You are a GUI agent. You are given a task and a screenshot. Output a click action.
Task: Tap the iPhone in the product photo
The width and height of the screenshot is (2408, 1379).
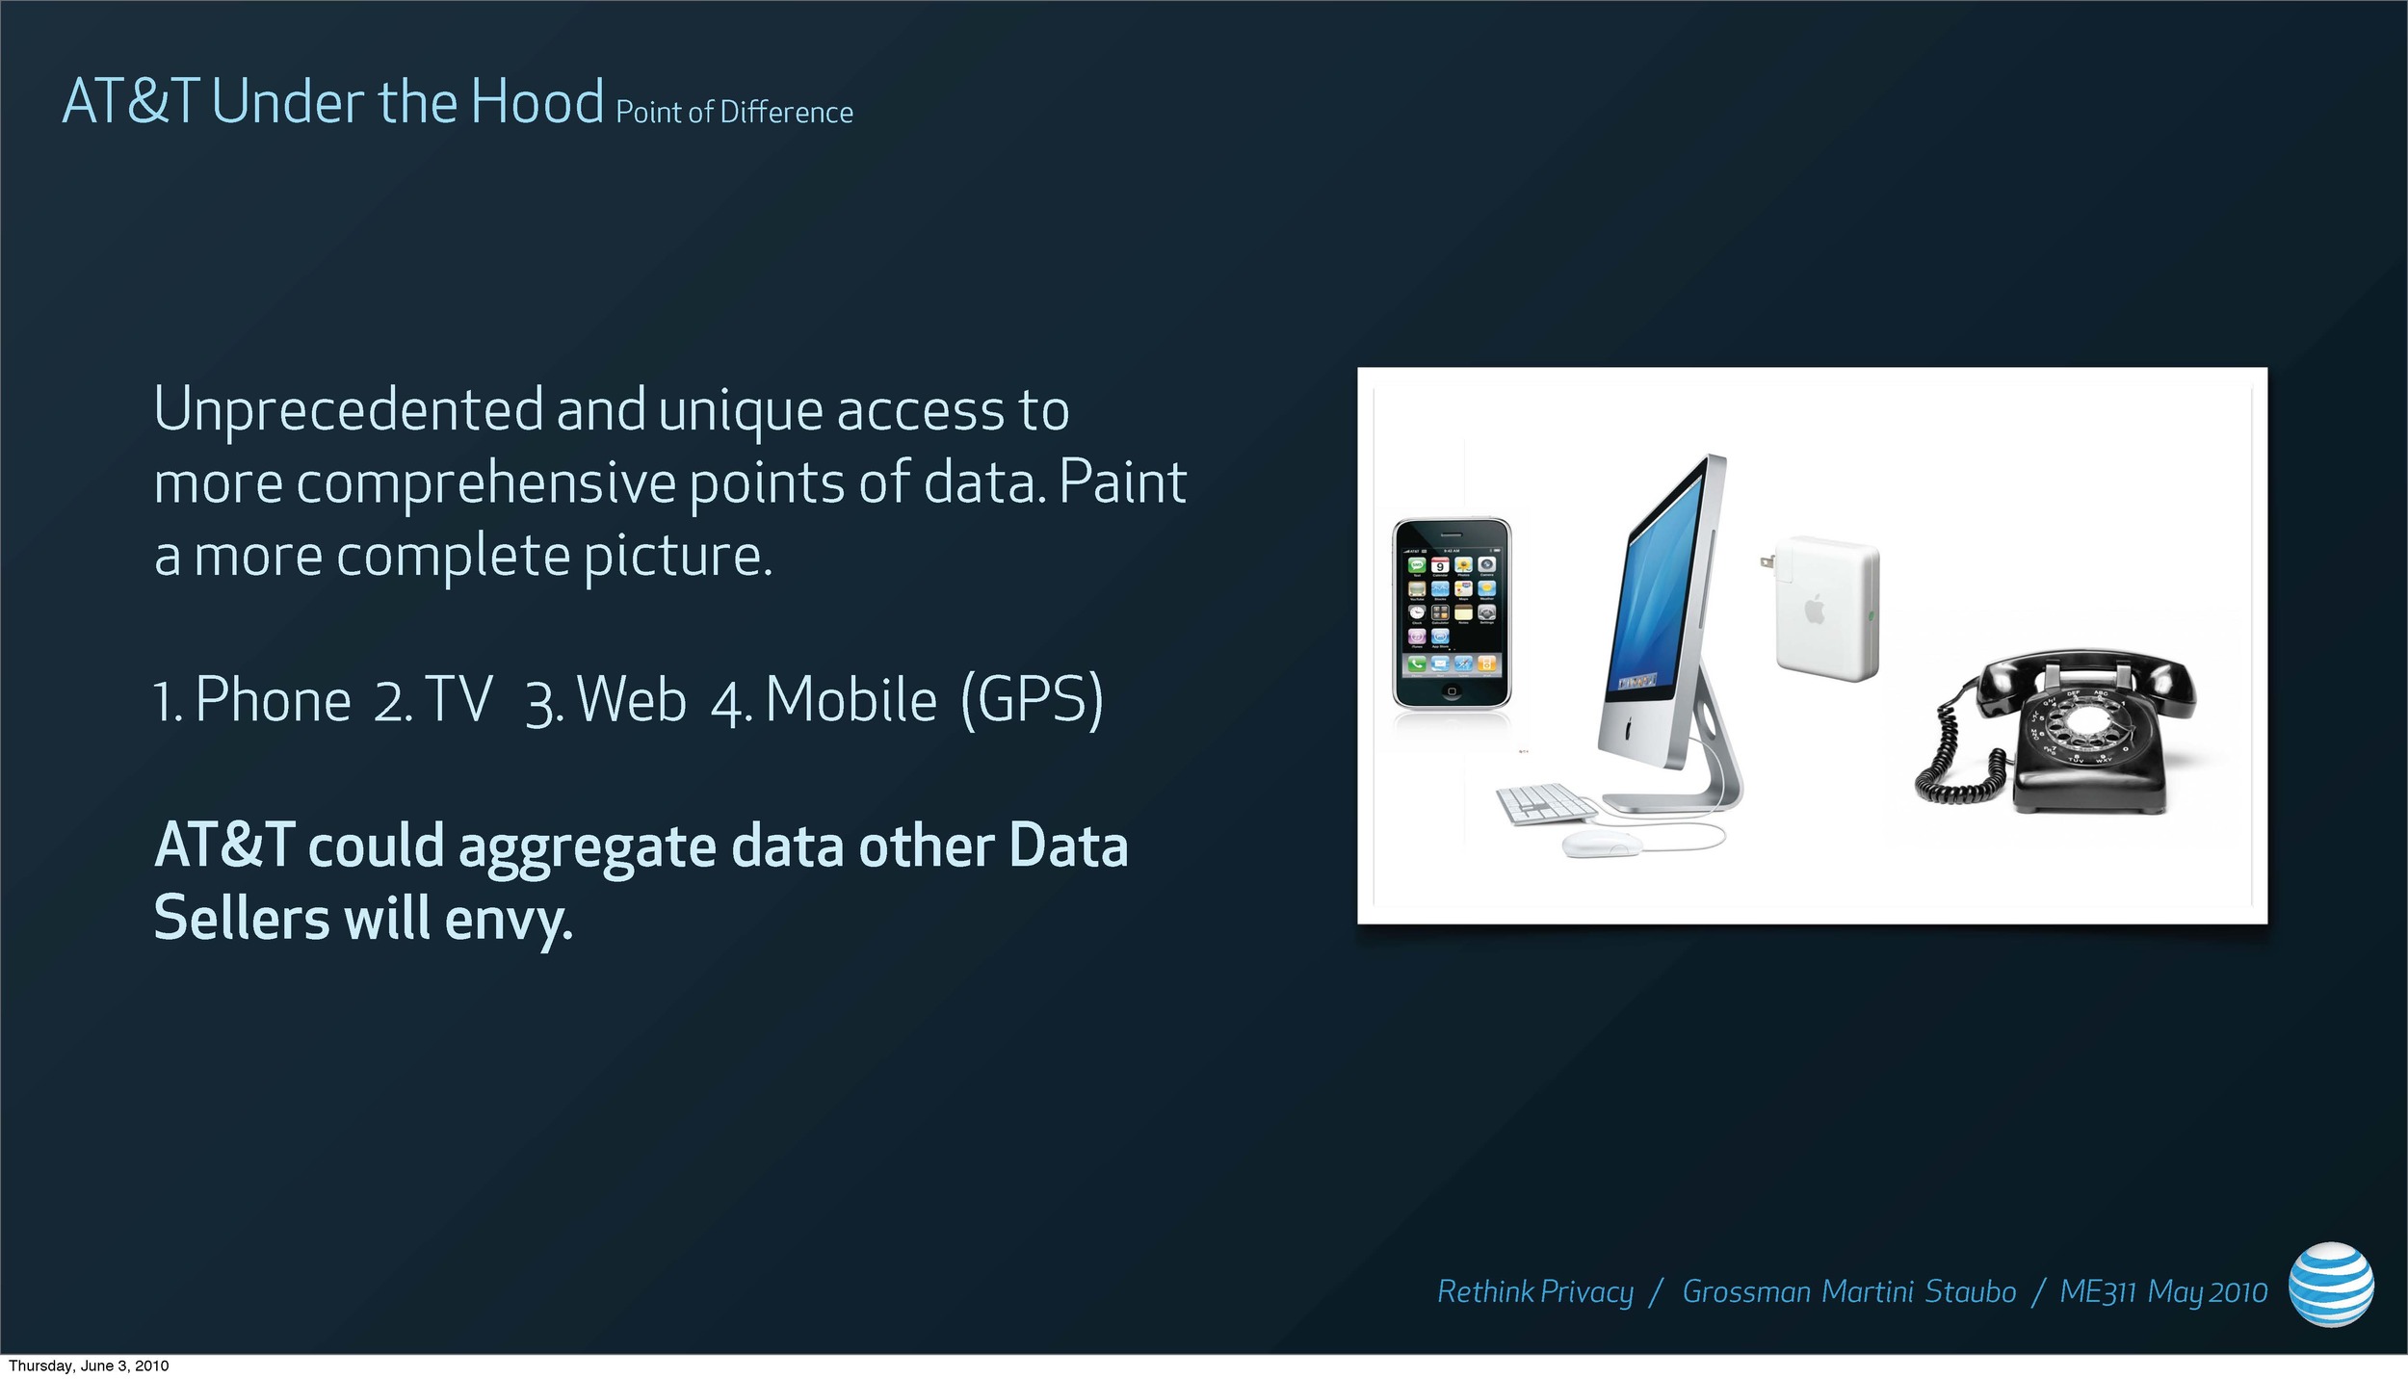point(1453,613)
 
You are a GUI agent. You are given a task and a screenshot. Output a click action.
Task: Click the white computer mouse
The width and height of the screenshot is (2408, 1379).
point(1602,845)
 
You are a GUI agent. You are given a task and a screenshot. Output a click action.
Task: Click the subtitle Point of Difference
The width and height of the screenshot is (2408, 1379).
point(734,112)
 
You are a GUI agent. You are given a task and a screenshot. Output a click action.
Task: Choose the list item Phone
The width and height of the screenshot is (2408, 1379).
point(273,699)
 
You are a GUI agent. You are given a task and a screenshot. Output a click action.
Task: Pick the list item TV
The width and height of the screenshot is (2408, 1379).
point(458,699)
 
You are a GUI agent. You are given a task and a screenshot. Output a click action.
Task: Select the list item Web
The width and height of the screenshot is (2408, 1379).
point(632,699)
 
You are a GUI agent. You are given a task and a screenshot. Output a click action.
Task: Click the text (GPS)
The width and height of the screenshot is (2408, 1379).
point(1032,701)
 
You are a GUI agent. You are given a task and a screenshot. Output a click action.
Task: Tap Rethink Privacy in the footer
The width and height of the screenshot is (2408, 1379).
point(1535,1292)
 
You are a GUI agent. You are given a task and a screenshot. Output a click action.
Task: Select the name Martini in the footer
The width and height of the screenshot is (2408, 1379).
point(1868,1291)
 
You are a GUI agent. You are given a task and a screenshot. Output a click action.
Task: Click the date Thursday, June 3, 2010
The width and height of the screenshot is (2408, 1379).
point(89,1366)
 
